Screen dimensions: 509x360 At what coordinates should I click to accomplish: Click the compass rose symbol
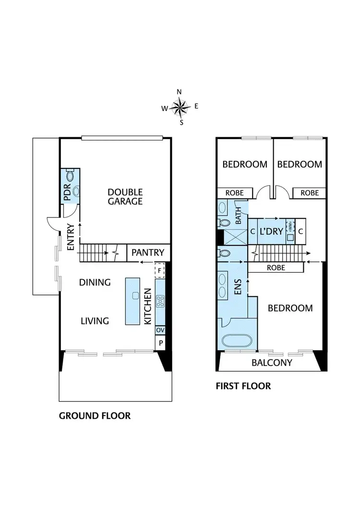180,107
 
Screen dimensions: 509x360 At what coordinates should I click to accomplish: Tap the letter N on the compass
180,92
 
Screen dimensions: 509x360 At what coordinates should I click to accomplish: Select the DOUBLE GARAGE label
125,197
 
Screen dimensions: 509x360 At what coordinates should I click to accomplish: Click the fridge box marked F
160,271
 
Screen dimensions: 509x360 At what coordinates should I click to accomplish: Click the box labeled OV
160,330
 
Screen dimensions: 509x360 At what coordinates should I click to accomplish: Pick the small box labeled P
160,343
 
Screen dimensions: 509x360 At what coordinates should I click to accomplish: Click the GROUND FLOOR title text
95,415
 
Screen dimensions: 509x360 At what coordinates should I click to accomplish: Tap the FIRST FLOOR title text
243,386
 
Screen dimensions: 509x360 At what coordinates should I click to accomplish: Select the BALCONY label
272,363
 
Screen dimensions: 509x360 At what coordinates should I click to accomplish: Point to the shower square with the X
232,237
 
